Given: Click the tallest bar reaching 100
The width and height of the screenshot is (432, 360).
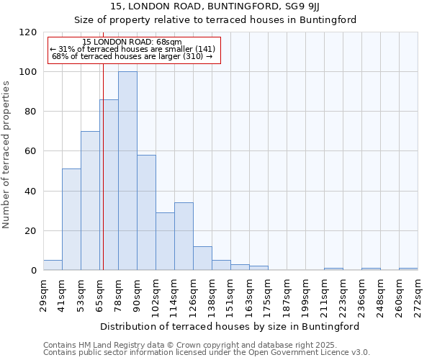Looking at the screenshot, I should (127, 171).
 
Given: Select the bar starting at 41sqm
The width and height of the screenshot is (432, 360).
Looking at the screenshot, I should (71, 220).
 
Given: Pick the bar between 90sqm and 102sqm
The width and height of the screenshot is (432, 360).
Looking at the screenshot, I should (146, 212).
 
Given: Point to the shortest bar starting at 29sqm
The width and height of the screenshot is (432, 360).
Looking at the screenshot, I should (53, 266).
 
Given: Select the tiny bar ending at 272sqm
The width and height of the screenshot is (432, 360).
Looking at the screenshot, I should (408, 269).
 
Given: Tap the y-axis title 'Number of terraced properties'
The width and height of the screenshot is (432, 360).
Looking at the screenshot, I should (7, 155).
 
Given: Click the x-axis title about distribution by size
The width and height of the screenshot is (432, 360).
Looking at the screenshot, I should (230, 326).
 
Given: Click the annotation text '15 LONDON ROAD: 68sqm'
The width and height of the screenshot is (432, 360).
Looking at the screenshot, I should (132, 42).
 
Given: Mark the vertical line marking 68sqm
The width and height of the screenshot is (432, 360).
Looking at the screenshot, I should (103, 180).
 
